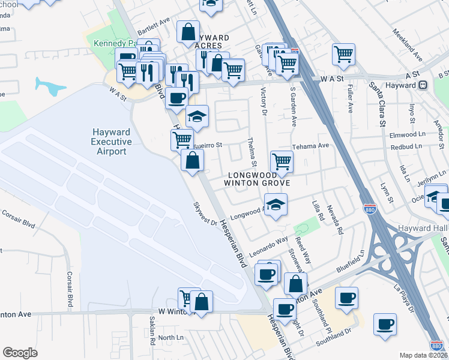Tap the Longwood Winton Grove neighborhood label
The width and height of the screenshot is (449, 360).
point(258,178)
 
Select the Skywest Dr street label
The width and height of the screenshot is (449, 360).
point(205,214)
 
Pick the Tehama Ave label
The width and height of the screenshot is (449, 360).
point(310,146)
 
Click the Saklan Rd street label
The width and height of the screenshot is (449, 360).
point(152,335)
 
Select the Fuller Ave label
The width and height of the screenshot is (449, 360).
point(350,98)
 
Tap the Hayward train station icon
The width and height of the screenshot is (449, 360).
point(423,86)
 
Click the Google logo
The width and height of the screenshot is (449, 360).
point(20,353)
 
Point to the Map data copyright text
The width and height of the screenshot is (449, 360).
point(424,355)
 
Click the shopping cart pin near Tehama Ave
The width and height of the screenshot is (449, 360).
point(282,160)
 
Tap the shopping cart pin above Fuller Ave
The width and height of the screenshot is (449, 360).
point(344,54)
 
